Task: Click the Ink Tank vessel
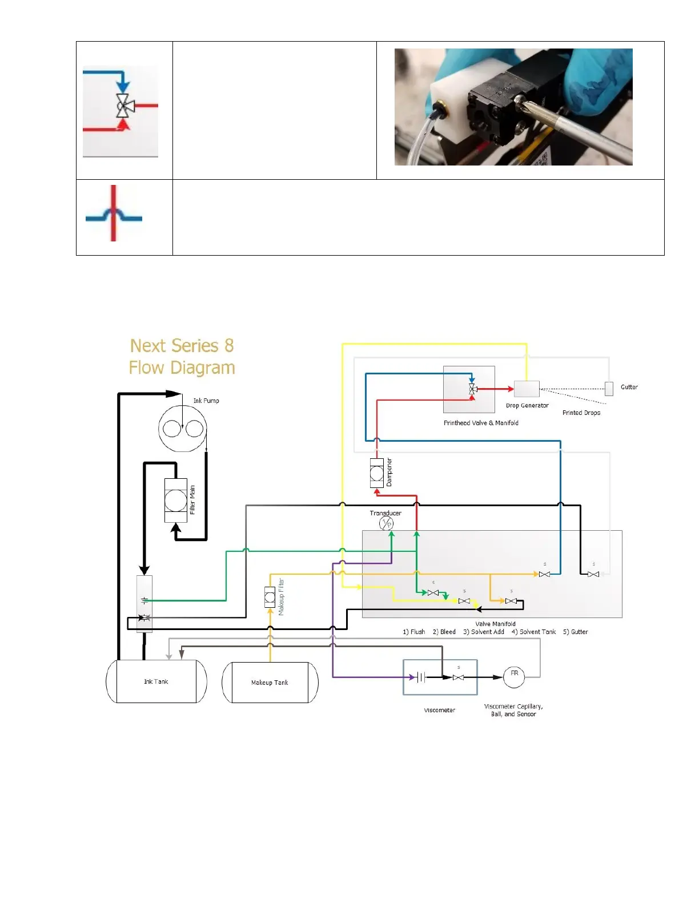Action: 156,681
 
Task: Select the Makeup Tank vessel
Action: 270,683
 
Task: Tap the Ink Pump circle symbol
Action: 182,429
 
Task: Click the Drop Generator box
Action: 527,389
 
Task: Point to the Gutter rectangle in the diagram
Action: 609,389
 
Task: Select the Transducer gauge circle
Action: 387,523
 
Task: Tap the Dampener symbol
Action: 377,473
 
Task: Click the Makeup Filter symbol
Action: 270,597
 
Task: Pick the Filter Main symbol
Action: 176,501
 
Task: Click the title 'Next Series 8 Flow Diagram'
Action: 182,357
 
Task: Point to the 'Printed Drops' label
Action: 581,413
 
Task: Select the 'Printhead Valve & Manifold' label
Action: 481,423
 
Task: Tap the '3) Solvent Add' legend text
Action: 483,632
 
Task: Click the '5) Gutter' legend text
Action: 575,632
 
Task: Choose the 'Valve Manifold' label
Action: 495,624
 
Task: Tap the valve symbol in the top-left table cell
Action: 123,106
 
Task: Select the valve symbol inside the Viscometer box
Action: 458,677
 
